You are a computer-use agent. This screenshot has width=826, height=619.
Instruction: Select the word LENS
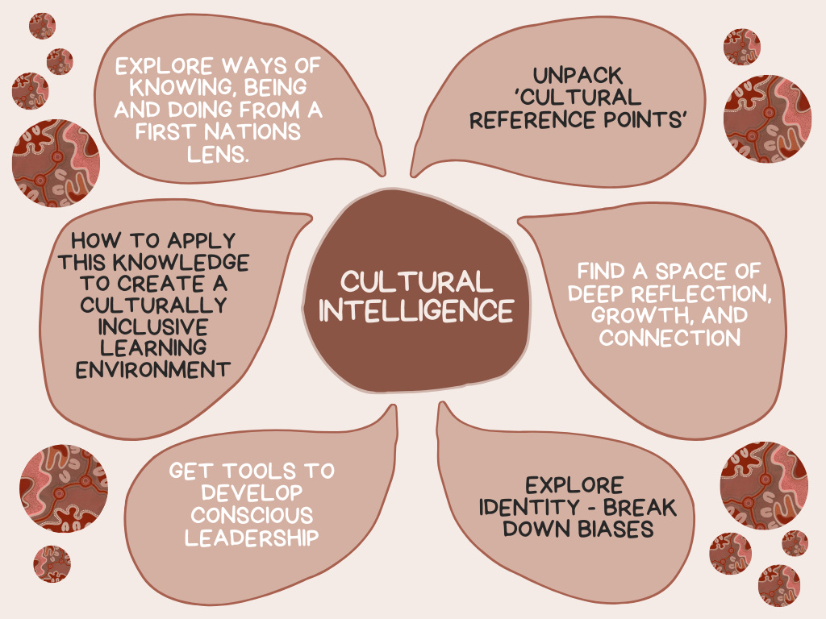coord(216,153)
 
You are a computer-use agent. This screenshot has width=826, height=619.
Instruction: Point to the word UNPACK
coord(578,76)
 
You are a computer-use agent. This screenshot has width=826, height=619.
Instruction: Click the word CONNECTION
coord(670,337)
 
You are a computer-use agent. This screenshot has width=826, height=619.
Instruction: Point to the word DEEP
coord(606,292)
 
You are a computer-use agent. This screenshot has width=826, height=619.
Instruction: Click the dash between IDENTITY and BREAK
coord(582,509)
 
